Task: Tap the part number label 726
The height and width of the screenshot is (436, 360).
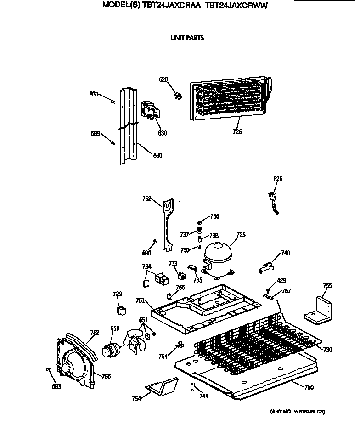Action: (x=237, y=132)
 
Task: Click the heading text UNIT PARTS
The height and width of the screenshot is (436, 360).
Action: (x=187, y=38)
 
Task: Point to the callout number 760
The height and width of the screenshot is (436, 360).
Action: (x=309, y=387)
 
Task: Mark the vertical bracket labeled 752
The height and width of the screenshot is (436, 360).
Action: (x=168, y=223)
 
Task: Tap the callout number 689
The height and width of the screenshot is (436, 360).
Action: (x=96, y=134)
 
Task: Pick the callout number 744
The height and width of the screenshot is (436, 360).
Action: (x=202, y=396)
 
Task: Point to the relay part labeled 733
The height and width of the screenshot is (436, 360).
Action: (x=181, y=276)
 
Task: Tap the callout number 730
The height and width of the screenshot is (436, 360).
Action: (x=327, y=350)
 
